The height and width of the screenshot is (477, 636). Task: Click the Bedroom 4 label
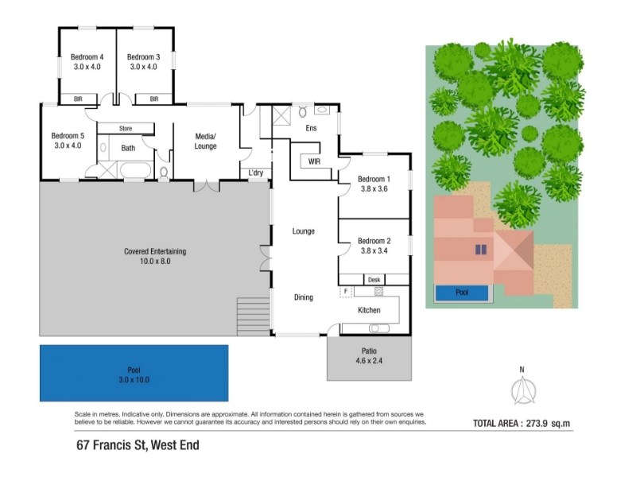(87, 57)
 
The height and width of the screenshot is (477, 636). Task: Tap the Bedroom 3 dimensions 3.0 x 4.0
(143, 67)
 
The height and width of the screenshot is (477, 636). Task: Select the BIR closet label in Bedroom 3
(154, 99)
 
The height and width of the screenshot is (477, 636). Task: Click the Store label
(126, 129)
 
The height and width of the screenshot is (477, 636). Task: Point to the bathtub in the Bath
(136, 170)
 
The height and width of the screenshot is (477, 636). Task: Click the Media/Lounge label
(205, 142)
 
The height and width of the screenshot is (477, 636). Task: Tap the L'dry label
(256, 173)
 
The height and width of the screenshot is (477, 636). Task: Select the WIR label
(314, 161)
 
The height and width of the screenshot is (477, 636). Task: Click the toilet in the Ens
(303, 111)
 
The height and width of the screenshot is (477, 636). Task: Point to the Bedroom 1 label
(374, 179)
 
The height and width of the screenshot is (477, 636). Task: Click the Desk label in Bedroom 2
(374, 280)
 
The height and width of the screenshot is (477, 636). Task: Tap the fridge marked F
(346, 292)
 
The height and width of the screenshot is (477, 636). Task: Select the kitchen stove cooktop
(378, 291)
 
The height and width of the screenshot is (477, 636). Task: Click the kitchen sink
(379, 328)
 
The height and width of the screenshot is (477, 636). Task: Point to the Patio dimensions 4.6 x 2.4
(369, 361)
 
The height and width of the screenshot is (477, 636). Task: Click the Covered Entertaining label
(155, 251)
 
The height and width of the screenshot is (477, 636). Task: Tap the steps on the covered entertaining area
(254, 316)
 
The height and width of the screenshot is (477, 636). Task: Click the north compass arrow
(523, 390)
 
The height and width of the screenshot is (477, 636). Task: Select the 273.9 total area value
(537, 424)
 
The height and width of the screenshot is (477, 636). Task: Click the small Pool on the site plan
(462, 293)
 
